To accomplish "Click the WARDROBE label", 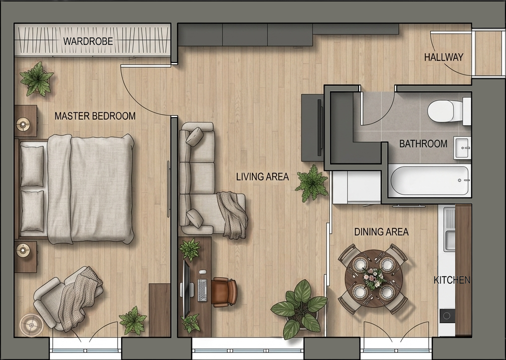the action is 88,41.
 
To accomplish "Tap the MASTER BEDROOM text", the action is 95,116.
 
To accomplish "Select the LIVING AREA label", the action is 262,177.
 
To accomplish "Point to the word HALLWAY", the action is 444,57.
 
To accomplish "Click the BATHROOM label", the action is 423,144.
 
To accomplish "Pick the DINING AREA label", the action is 381,232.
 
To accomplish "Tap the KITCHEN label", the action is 452,280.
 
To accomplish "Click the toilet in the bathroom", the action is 449,111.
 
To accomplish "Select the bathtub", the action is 430,180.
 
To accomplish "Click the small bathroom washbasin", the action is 462,148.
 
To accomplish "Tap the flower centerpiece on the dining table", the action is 374,278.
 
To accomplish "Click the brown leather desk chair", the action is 224,292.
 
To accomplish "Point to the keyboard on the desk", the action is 202,290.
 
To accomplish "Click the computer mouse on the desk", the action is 203,272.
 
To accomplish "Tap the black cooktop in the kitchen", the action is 447,316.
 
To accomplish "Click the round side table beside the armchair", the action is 31,325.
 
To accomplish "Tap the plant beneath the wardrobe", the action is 37,79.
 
